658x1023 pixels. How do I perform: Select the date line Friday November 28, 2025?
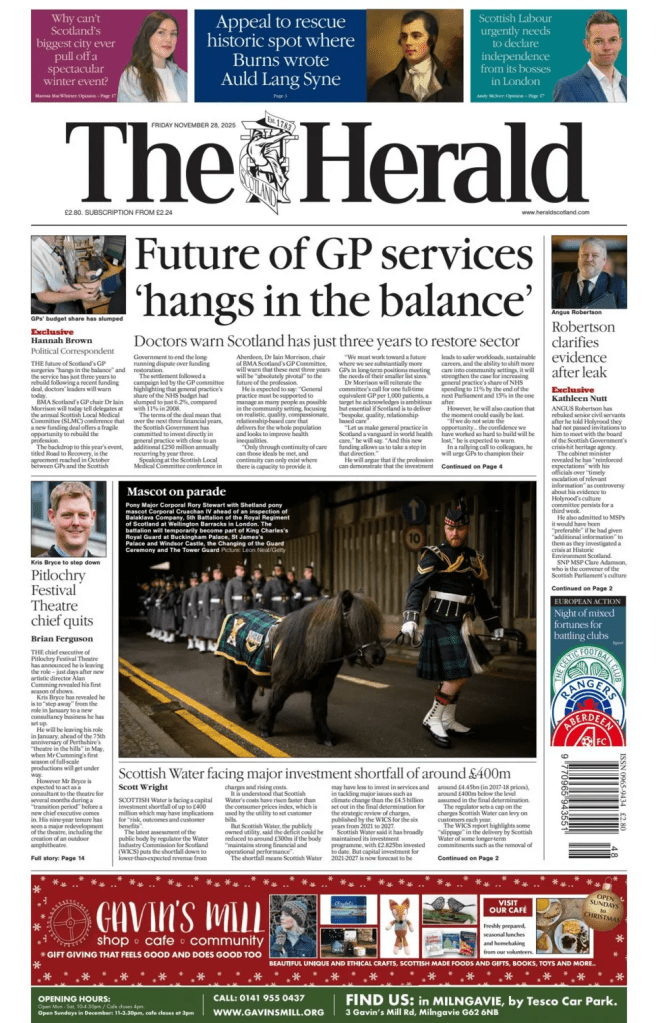pyautogui.click(x=193, y=124)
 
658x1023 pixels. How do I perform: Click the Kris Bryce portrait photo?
pyautogui.click(x=68, y=519)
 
